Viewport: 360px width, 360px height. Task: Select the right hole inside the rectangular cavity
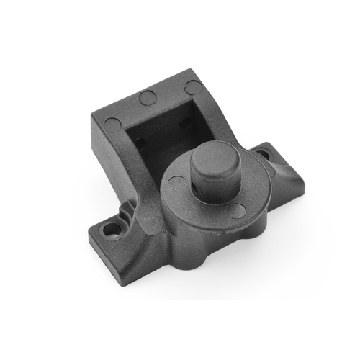(x=186, y=122)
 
